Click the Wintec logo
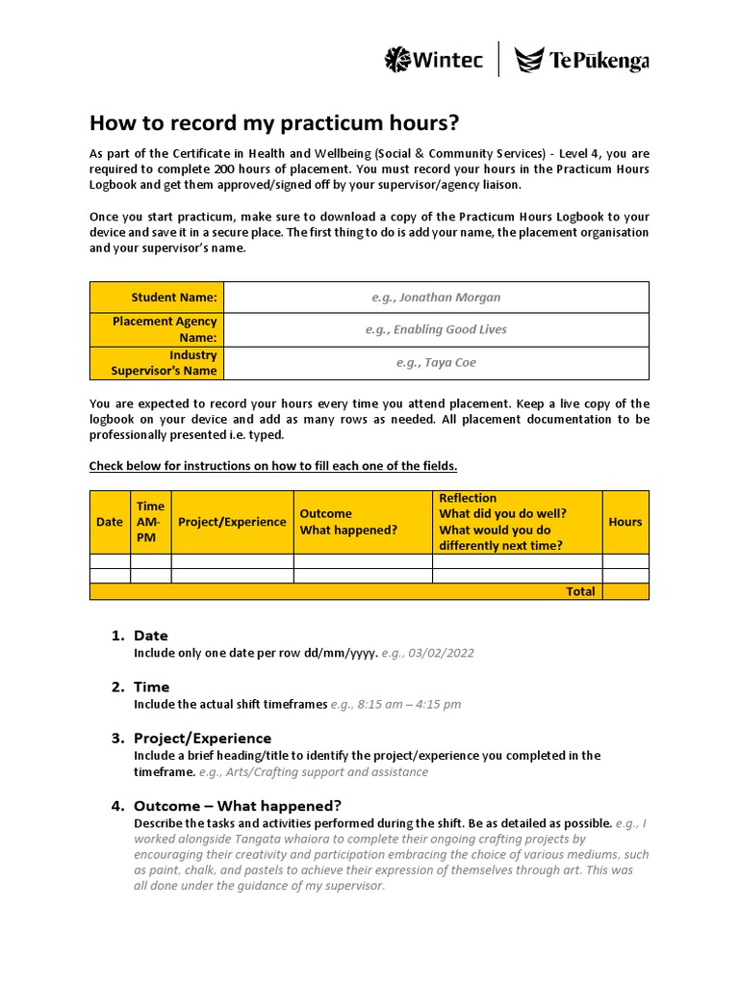tap(433, 60)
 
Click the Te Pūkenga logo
tap(582, 61)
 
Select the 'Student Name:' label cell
tap(157, 298)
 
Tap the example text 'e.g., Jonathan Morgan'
tap(436, 298)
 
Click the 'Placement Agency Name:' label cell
tap(157, 329)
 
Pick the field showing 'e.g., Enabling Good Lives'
tap(436, 329)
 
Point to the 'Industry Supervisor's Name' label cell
tap(157, 363)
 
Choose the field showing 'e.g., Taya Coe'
tap(436, 363)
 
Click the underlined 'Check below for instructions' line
tap(273, 466)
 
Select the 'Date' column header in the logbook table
tap(110, 522)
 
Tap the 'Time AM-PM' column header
tap(151, 522)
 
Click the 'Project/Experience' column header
tap(232, 522)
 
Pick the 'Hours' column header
tap(625, 522)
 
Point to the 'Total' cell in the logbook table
tap(580, 591)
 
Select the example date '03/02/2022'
tap(441, 653)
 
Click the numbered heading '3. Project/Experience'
tap(202, 739)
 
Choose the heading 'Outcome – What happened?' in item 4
tap(237, 806)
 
